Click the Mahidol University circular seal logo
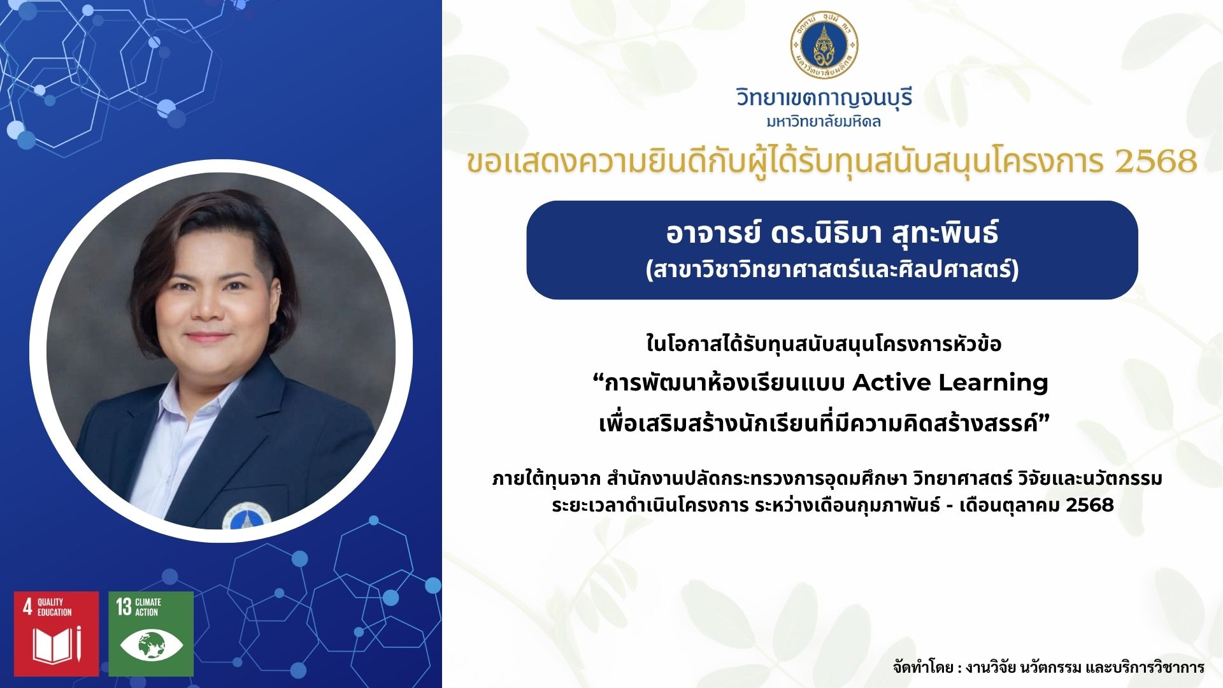pyautogui.click(x=824, y=45)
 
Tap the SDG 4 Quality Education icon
pyautogui.click(x=57, y=634)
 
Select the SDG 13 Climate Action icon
pyautogui.click(x=151, y=634)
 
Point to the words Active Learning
pyautogui.click(x=950, y=382)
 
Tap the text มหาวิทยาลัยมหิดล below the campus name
pyautogui.click(x=824, y=121)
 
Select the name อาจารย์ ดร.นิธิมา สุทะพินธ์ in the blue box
pyautogui.click(x=832, y=233)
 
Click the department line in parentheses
pyautogui.click(x=832, y=269)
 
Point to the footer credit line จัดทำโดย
pyautogui.click(x=1048, y=667)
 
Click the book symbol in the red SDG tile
pyautogui.click(x=57, y=645)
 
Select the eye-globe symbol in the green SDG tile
pyautogui.click(x=151, y=645)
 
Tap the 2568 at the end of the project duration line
pyautogui.click(x=1089, y=505)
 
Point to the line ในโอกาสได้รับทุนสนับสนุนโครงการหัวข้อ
pyautogui.click(x=824, y=344)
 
